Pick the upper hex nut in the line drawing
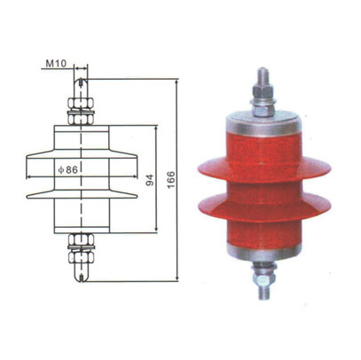[x=81, y=113]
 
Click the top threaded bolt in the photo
[x=263, y=81]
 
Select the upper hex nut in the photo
[x=263, y=106]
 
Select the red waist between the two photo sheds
[x=263, y=189]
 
